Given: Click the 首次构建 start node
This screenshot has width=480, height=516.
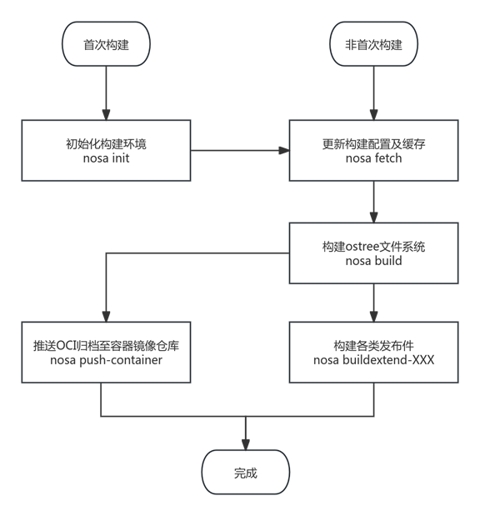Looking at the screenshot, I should [x=106, y=45].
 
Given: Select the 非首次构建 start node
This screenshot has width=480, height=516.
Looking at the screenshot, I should [x=373, y=45].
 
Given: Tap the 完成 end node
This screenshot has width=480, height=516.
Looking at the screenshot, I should [x=245, y=473].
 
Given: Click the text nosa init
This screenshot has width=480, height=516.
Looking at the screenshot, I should [x=106, y=158].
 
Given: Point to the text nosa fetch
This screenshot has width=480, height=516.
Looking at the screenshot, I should [x=373, y=158].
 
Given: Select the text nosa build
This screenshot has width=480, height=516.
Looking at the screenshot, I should [x=373, y=260].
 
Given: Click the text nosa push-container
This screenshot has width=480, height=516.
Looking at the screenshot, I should [x=100, y=360].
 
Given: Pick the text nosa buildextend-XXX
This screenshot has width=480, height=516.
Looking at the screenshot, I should [x=373, y=360].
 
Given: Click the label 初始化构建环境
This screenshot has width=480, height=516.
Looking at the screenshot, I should [x=106, y=143].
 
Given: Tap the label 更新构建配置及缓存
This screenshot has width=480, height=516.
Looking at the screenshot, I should [x=373, y=143].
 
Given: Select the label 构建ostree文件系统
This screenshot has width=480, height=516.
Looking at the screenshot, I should [x=373, y=246].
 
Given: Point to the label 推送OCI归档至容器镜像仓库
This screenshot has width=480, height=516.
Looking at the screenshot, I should [x=100, y=345].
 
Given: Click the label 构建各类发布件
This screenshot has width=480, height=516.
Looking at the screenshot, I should [x=373, y=345].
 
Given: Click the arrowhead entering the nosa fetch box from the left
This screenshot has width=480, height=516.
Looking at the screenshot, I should [x=283, y=150].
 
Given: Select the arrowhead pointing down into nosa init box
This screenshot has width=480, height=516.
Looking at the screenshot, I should [x=106, y=114].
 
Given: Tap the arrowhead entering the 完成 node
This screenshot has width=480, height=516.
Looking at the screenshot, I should [x=245, y=444].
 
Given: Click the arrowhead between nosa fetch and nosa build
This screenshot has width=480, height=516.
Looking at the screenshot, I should [x=373, y=217].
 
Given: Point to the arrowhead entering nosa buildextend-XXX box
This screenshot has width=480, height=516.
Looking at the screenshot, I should [x=373, y=317].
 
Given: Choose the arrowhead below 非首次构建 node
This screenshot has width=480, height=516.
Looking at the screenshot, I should [x=373, y=114].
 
